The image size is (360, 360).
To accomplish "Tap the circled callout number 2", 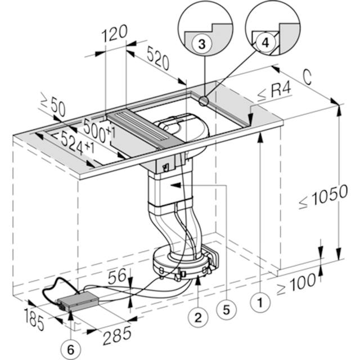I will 197,317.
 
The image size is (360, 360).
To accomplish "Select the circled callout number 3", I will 202,43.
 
